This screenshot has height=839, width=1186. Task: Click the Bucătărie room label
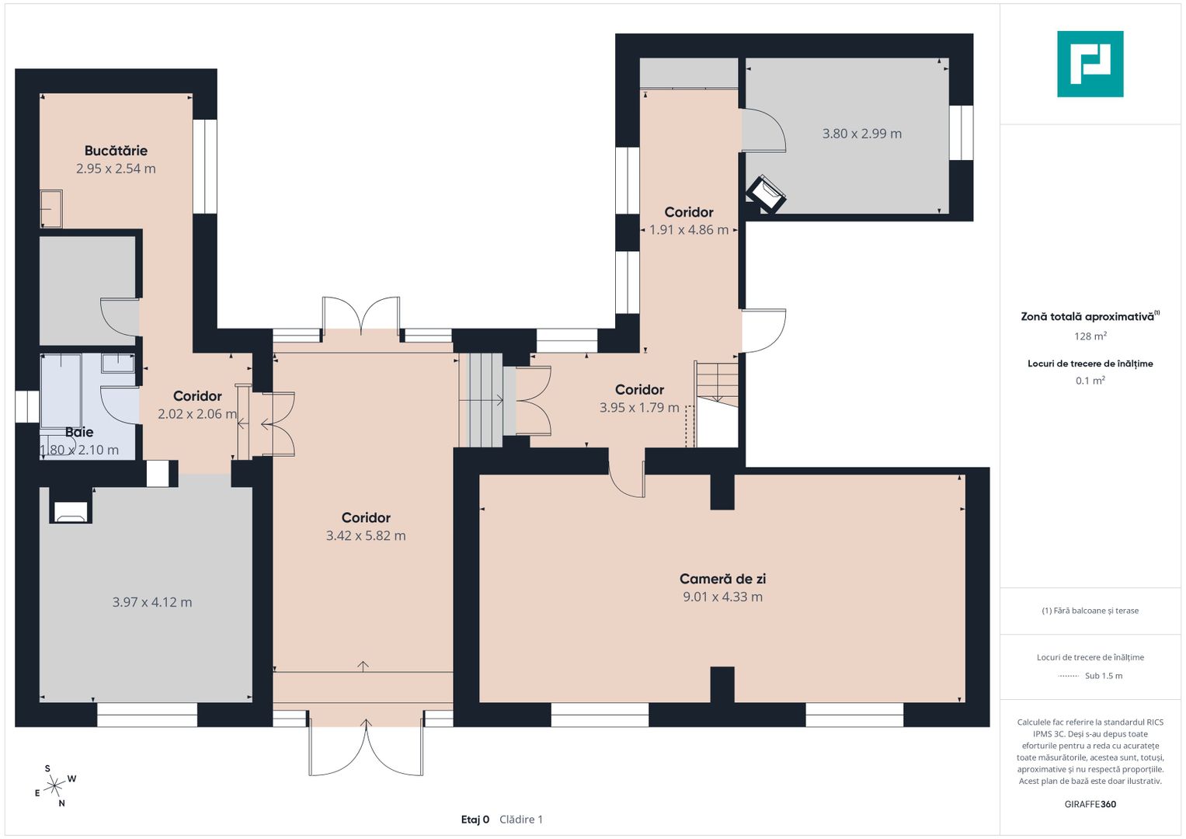pyautogui.click(x=116, y=151)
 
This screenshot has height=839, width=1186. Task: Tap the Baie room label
pyautogui.click(x=79, y=432)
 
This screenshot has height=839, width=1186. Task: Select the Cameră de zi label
pyautogui.click(x=723, y=579)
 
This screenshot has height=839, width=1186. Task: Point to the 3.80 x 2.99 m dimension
pyautogui.click(x=861, y=134)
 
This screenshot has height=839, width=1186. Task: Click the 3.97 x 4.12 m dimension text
pyautogui.click(x=152, y=602)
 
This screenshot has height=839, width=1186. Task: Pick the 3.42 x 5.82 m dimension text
pyautogui.click(x=366, y=535)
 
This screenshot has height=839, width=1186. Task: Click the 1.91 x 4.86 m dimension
pyautogui.click(x=689, y=230)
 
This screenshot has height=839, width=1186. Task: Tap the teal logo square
pyautogui.click(x=1090, y=64)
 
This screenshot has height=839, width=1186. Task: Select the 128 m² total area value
pyautogui.click(x=1090, y=336)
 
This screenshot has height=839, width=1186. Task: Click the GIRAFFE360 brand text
pyautogui.click(x=1090, y=804)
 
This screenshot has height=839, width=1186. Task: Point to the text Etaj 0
pyautogui.click(x=475, y=820)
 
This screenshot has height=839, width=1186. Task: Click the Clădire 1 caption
pyautogui.click(x=521, y=820)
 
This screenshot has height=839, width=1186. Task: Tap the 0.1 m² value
pyautogui.click(x=1090, y=381)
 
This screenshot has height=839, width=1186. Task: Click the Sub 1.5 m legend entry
pyautogui.click(x=1104, y=676)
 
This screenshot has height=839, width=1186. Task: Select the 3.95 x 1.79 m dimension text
pyautogui.click(x=639, y=408)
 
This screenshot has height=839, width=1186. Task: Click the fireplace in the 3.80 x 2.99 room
pyautogui.click(x=766, y=193)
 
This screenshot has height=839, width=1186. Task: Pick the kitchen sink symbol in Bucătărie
pyautogui.click(x=51, y=209)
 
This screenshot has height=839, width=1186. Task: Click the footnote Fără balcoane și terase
pyautogui.click(x=1090, y=611)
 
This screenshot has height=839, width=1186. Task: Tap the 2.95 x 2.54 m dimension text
pyautogui.click(x=116, y=169)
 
